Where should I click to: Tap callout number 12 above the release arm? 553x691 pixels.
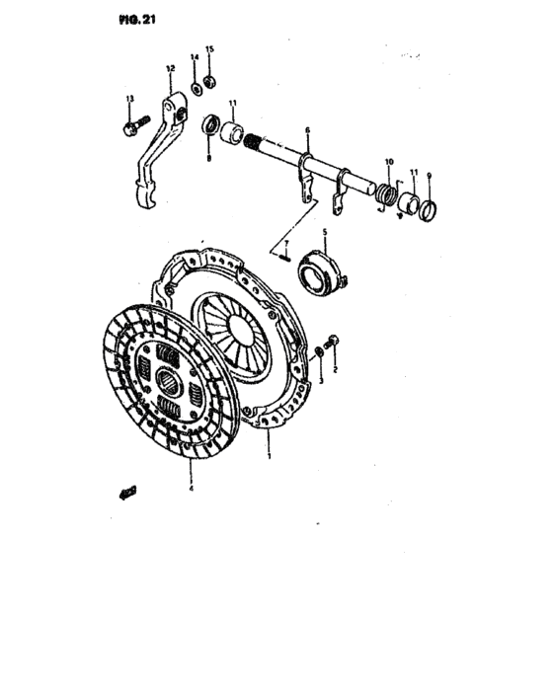(x=170, y=68)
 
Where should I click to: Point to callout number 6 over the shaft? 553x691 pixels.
(x=307, y=130)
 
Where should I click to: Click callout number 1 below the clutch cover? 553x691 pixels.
(x=267, y=456)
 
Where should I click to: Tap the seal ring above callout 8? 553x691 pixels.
(x=210, y=125)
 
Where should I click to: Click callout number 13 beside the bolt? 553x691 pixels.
(x=129, y=99)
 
